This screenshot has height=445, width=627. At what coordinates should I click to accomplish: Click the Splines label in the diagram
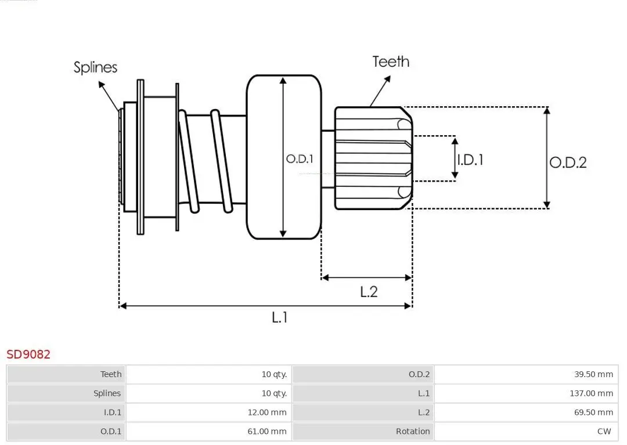pyautogui.click(x=95, y=67)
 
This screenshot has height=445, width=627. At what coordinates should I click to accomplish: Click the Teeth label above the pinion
pyautogui.click(x=391, y=61)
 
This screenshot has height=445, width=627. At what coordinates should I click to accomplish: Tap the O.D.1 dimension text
pyautogui.click(x=300, y=158)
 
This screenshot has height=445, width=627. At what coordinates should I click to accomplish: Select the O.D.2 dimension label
pyautogui.click(x=568, y=162)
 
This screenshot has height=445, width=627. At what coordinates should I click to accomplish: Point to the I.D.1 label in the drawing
pyautogui.click(x=470, y=160)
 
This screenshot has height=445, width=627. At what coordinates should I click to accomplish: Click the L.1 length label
pyautogui.click(x=280, y=317)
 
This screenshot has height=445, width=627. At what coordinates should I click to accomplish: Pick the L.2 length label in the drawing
pyautogui.click(x=369, y=291)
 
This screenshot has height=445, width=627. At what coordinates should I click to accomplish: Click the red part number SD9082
pyautogui.click(x=28, y=354)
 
